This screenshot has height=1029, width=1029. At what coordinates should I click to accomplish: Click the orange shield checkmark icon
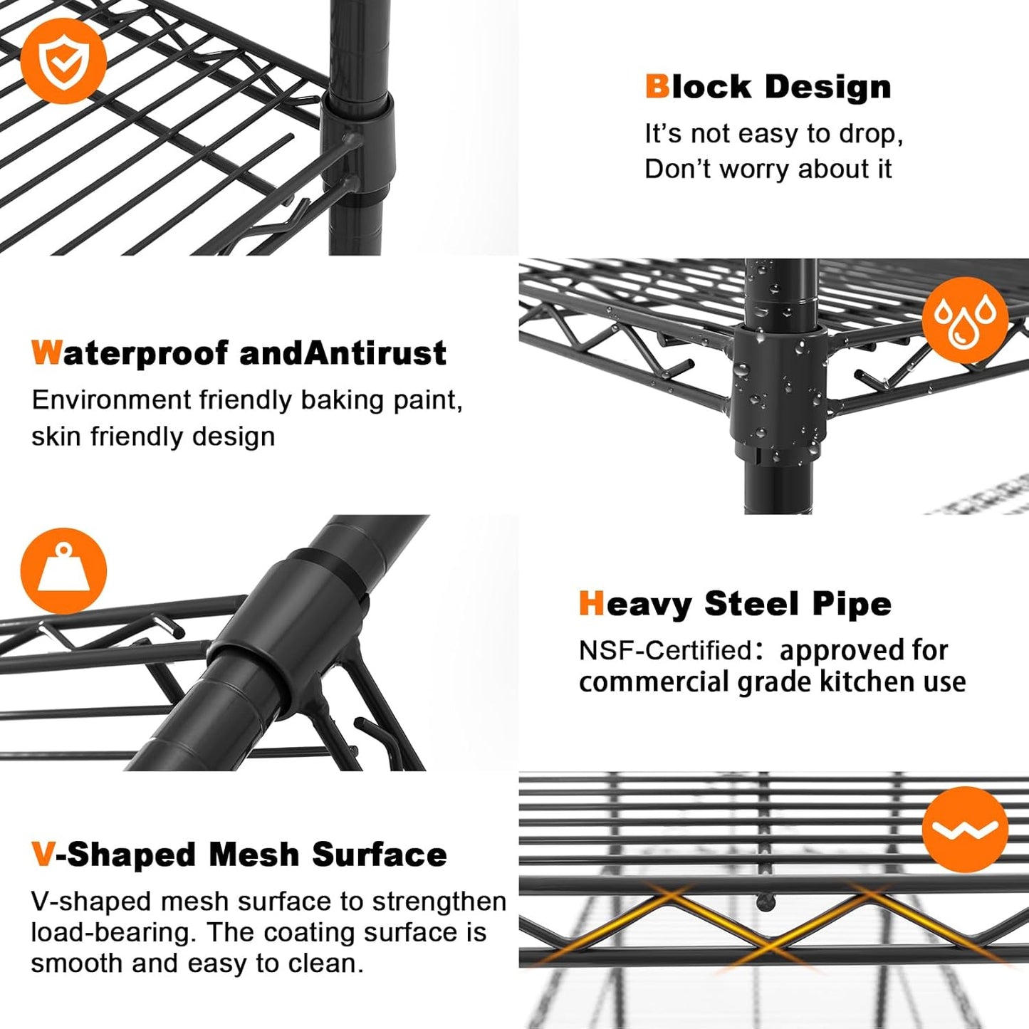point(63,61)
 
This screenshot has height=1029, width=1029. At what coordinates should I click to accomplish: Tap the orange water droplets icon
point(965,320)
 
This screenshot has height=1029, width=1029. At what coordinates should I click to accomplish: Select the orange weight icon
point(63,571)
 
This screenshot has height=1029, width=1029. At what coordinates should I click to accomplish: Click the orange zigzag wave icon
point(965,830)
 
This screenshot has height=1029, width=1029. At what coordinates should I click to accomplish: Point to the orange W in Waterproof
point(46,353)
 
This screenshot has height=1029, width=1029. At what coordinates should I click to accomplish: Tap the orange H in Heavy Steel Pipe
point(592,604)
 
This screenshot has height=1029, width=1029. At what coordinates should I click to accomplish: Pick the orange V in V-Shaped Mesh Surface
point(43,855)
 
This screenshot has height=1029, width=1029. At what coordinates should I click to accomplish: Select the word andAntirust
point(343,353)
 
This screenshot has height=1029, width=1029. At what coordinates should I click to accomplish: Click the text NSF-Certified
point(666,650)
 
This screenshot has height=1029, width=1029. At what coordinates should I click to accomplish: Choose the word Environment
point(111,399)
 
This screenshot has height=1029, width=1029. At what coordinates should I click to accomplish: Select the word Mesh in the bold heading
point(254,855)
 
